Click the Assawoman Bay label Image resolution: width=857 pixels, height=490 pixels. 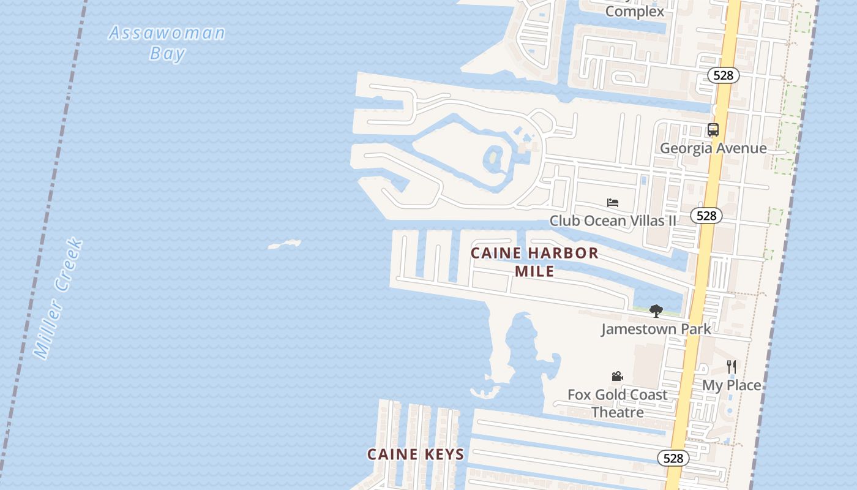click(x=167, y=42)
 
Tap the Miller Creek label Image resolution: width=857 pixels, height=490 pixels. click(x=58, y=299)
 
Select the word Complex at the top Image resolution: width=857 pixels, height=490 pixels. click(x=634, y=12)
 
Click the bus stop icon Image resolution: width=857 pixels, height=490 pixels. click(x=713, y=130)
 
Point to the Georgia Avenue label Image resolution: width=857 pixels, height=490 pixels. click(x=713, y=148)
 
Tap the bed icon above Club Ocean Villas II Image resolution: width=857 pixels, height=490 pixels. click(x=613, y=203)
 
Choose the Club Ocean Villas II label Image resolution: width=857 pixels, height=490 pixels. click(x=613, y=221)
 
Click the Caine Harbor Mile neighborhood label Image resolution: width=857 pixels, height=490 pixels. click(x=534, y=262)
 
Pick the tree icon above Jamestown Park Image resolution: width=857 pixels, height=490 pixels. click(x=656, y=311)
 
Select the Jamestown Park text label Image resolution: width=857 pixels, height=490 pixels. click(x=656, y=329)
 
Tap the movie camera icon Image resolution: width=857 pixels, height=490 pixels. click(x=617, y=377)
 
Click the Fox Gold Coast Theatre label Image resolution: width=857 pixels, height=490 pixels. click(x=617, y=403)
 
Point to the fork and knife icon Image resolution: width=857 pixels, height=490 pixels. click(x=732, y=367)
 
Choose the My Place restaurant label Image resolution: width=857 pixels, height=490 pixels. click(x=732, y=385)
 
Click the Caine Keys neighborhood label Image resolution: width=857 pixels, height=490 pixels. click(x=416, y=454)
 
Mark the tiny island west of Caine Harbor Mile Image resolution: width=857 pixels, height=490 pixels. click(x=285, y=245)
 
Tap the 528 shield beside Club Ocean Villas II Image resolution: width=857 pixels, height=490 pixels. click(x=706, y=216)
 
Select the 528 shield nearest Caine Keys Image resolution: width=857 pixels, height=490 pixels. click(x=673, y=458)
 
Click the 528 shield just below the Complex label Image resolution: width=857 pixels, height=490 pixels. click(x=724, y=75)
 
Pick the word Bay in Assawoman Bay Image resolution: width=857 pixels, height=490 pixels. click(x=167, y=53)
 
